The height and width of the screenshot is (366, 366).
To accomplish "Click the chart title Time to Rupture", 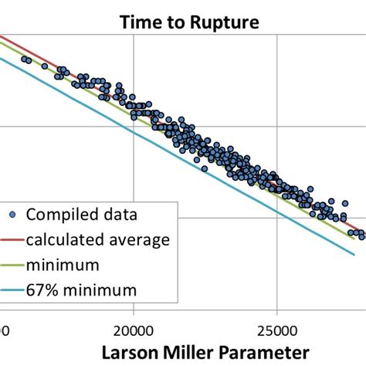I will (189, 22).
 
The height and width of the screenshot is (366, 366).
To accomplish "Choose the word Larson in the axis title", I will (134, 351).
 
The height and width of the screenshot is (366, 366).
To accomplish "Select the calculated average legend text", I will (98, 239).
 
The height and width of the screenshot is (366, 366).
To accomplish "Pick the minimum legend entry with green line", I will (63, 265).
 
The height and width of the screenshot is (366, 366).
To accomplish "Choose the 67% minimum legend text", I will (82, 290).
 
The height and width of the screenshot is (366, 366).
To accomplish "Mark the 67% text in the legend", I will (43, 290).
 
